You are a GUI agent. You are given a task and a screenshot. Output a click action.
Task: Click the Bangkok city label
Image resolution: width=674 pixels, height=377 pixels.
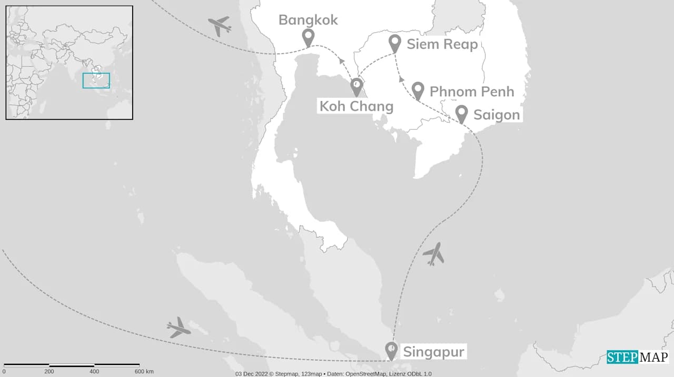tap(308, 20)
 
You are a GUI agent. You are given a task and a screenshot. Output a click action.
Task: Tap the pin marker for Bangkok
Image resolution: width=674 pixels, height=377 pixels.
tap(308, 37)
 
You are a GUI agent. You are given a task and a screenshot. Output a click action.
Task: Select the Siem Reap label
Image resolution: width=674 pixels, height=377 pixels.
tap(442, 44)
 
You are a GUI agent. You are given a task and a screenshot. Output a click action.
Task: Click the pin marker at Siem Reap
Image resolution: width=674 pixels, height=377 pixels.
tap(395, 43)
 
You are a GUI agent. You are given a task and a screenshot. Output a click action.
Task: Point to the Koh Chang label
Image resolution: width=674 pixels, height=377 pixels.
tap(356, 106)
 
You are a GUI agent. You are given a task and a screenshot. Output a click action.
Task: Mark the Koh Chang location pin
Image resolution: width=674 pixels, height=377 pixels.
tap(356, 87)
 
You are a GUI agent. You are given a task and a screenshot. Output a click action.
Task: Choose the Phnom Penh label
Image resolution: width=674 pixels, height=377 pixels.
tap(471, 91)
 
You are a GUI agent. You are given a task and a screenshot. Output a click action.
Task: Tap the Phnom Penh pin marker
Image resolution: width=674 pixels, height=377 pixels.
tap(418, 90)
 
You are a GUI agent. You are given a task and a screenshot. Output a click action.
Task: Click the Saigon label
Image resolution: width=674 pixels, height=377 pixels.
tap(496, 115)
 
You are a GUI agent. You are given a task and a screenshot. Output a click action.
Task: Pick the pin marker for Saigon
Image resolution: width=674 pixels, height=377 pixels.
tap(462, 114)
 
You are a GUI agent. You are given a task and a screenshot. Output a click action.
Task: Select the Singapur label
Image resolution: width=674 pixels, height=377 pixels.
tap(434, 352)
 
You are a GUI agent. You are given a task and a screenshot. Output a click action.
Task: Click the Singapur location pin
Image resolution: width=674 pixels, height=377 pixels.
tap(391, 350)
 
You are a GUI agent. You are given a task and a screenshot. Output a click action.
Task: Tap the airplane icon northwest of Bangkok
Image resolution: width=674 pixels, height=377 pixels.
tap(220, 25)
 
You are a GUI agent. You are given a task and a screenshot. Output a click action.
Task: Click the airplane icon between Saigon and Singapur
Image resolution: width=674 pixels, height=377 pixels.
tap(433, 254)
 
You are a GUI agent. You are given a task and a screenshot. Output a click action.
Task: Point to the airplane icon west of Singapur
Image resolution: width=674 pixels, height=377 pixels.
tap(178, 328)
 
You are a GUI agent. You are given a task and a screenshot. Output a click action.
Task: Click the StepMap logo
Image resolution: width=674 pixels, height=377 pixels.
tap(637, 357)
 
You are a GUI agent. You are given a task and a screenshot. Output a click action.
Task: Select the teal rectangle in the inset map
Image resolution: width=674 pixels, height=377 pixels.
tap(96, 80)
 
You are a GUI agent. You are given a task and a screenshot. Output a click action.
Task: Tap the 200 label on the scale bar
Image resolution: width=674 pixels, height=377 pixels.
tap(49, 372)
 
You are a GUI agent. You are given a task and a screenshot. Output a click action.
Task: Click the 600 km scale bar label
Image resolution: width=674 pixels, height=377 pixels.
tap(144, 372)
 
